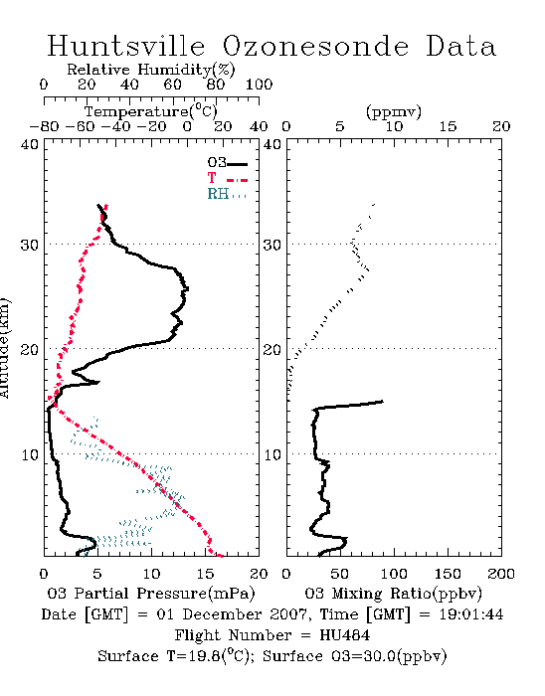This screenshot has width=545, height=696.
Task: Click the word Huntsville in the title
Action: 126,46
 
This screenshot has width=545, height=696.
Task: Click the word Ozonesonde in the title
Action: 315,46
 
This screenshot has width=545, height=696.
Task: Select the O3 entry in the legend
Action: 227,163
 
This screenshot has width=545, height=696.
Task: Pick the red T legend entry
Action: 227,178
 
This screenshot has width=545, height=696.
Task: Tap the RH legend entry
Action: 227,194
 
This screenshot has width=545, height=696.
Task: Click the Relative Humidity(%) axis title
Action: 151,70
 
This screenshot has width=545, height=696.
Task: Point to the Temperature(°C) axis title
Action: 151,111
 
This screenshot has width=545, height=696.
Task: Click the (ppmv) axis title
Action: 394,111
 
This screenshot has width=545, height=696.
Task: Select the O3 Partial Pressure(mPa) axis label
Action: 151,594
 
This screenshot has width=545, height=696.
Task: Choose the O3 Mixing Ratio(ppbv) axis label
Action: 393,594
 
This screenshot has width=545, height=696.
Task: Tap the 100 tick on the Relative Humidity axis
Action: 259,85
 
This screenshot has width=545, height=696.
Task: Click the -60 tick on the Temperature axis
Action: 80,126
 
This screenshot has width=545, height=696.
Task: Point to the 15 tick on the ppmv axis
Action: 448,126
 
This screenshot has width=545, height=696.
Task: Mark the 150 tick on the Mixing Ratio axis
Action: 448,574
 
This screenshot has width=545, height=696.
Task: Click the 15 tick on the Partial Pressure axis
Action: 205,574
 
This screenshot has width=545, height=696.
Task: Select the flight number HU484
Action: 345,635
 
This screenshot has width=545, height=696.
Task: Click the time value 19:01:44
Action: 471,614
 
